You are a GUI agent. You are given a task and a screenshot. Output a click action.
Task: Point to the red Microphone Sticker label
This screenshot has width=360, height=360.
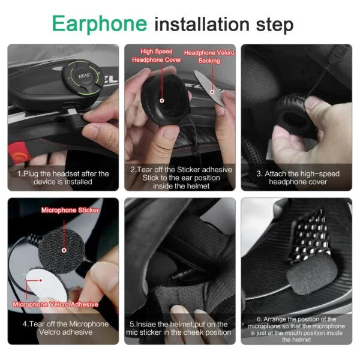point(70,210)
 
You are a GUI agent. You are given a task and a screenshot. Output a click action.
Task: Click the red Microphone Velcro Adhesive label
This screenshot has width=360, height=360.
point(55,304)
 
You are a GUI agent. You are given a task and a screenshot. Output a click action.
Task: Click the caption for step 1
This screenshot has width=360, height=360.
point(63,178)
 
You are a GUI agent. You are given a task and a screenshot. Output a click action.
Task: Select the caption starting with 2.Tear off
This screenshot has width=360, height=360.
point(179,178)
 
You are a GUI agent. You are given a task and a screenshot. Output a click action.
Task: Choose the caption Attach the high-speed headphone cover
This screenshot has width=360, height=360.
point(298,178)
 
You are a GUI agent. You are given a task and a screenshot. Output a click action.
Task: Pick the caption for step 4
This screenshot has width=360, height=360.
point(63,328)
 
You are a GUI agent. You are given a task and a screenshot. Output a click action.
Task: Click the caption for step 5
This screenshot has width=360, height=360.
point(179,328)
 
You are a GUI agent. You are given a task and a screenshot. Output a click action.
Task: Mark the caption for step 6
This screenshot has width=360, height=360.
point(298,329)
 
